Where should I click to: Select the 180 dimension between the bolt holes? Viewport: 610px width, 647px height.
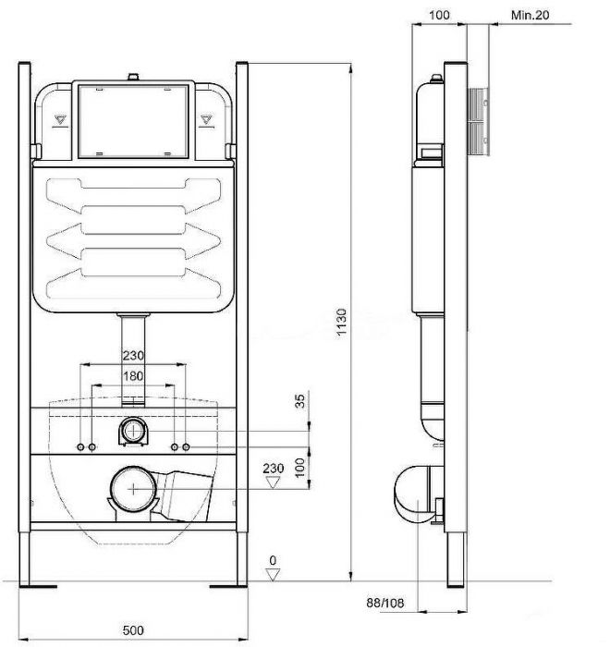point(133,376)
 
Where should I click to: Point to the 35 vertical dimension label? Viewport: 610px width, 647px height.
point(299,400)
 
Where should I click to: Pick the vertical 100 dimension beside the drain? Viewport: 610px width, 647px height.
point(299,466)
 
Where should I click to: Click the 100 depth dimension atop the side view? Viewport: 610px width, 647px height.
point(440,15)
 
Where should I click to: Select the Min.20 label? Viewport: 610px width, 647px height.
point(531,15)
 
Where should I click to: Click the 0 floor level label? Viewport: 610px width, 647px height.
point(272,559)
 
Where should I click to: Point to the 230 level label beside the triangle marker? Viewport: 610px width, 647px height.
point(273,469)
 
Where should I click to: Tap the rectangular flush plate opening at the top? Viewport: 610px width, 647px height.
point(133,122)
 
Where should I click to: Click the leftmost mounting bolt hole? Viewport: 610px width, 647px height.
point(80,447)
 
